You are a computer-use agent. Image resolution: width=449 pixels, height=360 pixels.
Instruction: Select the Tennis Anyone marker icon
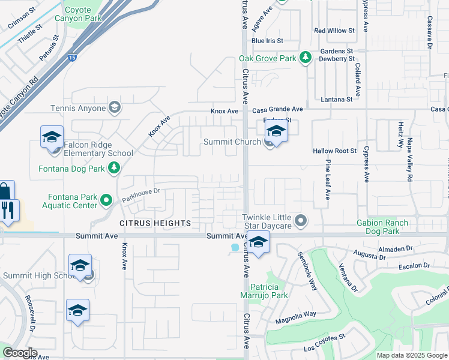(x=115, y=108)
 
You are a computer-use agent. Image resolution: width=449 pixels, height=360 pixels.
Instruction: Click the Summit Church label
(x=232, y=142)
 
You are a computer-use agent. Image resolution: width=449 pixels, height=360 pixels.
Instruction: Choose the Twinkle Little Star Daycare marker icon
(x=301, y=221)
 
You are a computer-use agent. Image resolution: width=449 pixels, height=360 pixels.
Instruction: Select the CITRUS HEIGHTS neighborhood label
(x=155, y=223)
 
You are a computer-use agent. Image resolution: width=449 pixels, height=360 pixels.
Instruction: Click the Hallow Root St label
(x=334, y=151)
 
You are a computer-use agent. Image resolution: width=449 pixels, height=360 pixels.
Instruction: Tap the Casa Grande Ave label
(x=277, y=110)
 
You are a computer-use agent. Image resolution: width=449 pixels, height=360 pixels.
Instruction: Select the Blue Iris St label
(x=267, y=41)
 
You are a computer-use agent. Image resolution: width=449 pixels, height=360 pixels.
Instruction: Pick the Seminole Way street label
(x=307, y=271)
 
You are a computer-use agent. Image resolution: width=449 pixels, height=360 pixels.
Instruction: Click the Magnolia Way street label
(x=295, y=318)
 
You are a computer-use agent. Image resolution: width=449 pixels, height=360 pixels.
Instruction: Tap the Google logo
(x=20, y=353)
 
